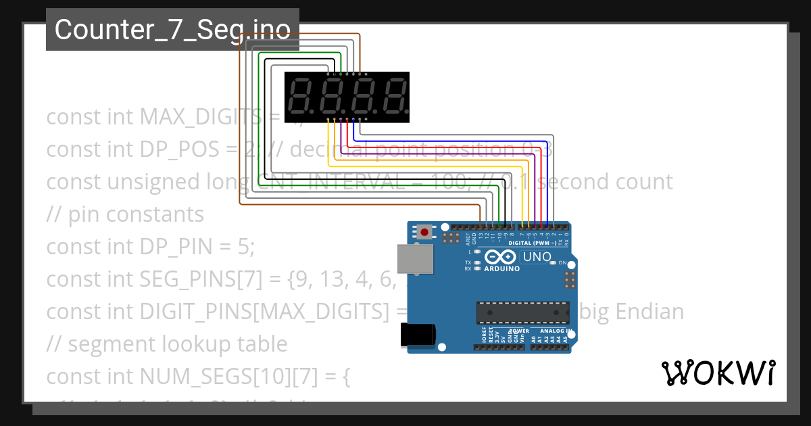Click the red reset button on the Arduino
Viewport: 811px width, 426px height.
(x=424, y=232)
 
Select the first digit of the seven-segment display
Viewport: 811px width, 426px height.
(x=301, y=97)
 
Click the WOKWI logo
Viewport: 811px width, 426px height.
(x=717, y=373)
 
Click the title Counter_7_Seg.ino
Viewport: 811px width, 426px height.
(x=172, y=29)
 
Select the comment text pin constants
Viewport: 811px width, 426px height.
(x=136, y=214)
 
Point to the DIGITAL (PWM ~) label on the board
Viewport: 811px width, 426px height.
(x=533, y=243)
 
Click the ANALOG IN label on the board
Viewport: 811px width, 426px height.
(x=560, y=331)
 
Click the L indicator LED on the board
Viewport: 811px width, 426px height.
(x=478, y=251)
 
